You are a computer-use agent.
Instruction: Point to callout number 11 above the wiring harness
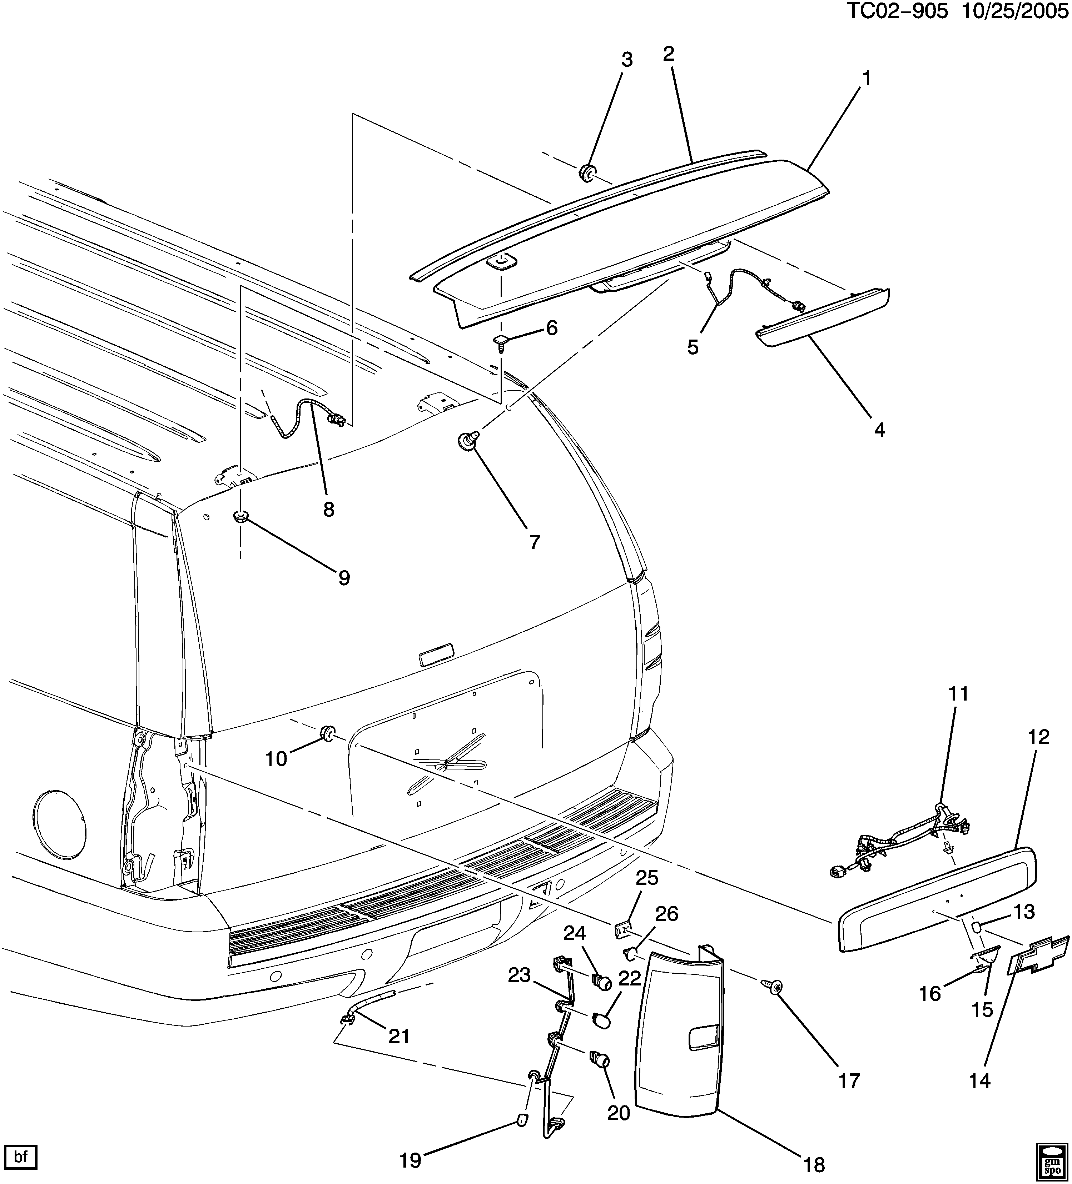(958, 694)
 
